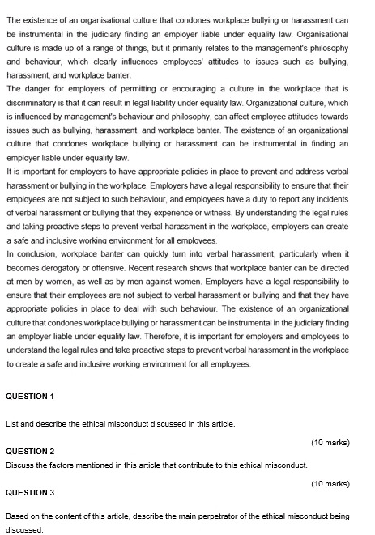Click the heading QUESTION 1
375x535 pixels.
30,396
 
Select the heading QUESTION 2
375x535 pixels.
30,451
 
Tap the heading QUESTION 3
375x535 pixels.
30,492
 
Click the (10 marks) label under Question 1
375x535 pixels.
330,442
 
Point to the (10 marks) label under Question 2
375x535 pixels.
330,483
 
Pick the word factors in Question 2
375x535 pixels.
71,465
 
